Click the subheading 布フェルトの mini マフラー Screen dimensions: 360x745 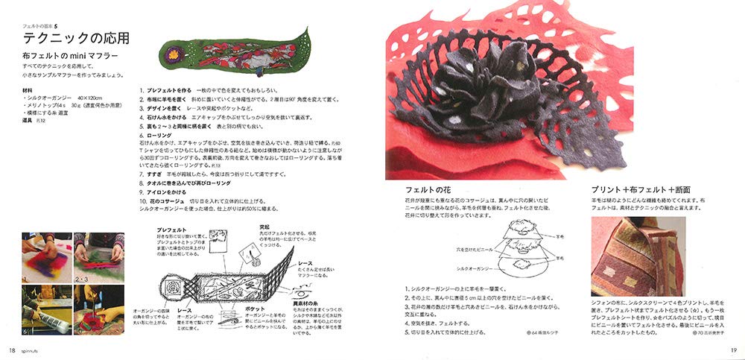72,57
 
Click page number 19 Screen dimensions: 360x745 733,350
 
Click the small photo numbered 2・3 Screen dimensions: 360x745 98,256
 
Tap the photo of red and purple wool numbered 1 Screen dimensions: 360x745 46,256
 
